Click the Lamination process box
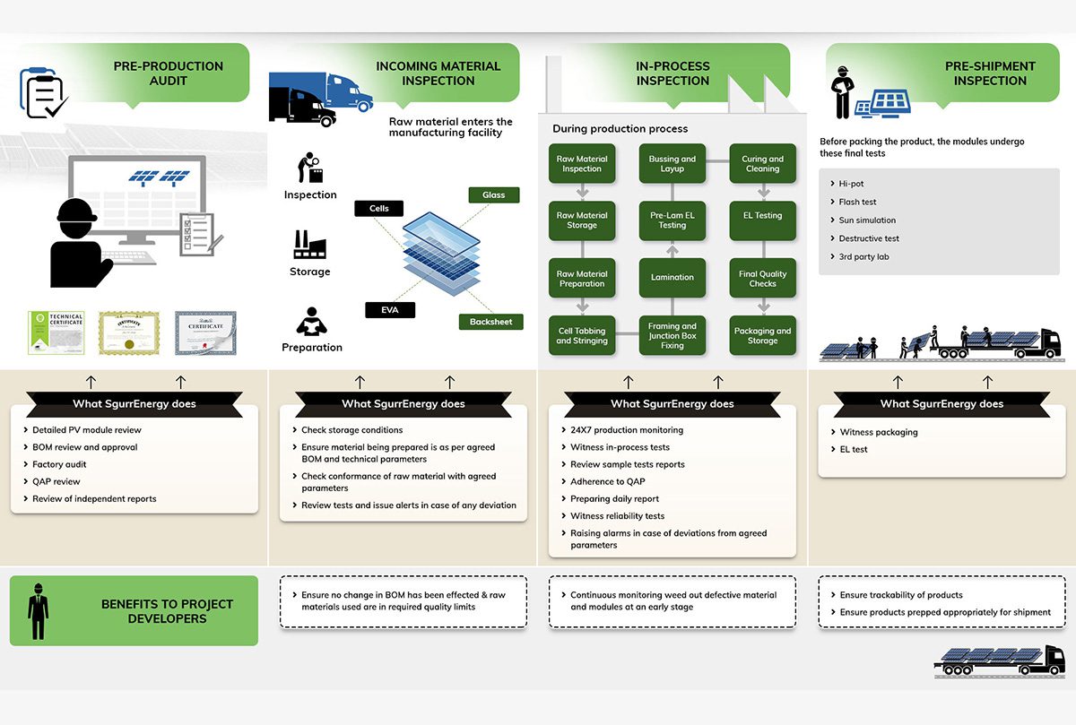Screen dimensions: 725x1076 click(672, 278)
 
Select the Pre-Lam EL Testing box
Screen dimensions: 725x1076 click(672, 220)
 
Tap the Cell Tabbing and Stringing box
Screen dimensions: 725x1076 click(581, 335)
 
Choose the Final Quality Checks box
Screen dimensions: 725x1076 click(762, 279)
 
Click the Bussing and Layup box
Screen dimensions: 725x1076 click(672, 164)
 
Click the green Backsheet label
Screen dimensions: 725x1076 click(490, 322)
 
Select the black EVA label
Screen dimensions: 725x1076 click(390, 310)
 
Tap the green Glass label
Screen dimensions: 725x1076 click(493, 194)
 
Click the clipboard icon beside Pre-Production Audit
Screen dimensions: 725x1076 click(43, 93)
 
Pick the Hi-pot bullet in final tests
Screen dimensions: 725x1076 click(851, 184)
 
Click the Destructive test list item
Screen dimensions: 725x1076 click(868, 238)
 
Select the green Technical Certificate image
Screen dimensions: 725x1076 click(56, 333)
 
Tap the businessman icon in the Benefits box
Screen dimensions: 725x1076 click(38, 611)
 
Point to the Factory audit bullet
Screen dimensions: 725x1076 click(59, 464)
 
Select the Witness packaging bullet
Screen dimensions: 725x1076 click(878, 432)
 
